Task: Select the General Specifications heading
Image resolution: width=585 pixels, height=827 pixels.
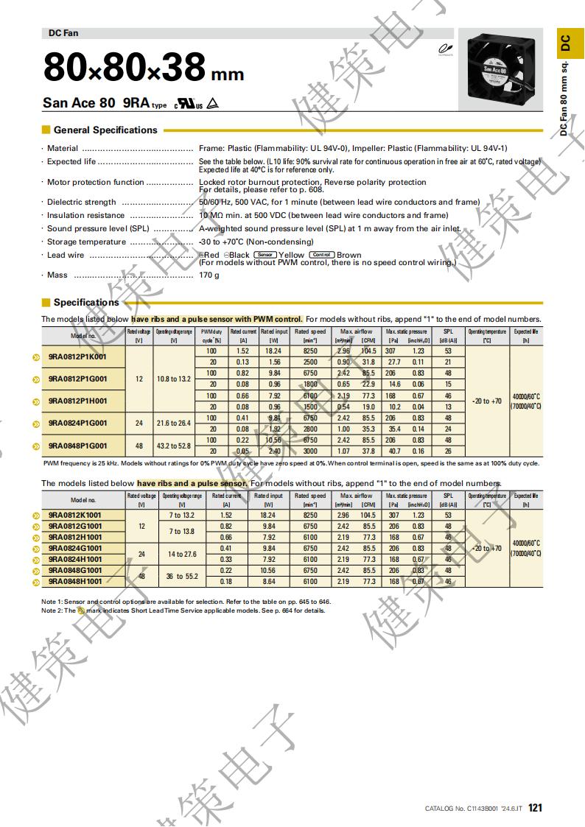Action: (x=105, y=130)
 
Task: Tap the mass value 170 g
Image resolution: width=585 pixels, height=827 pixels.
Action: (x=209, y=275)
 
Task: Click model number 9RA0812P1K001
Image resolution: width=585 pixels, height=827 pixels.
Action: (x=77, y=356)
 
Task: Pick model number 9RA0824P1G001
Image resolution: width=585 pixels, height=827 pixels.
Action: (x=77, y=423)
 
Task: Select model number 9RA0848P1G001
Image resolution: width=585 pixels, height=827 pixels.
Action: (x=77, y=446)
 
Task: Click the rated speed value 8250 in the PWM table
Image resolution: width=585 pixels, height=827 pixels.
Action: (x=310, y=351)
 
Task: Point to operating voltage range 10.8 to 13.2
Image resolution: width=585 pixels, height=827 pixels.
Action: (x=174, y=379)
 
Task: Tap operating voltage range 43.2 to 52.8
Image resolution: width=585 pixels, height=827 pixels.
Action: (x=174, y=446)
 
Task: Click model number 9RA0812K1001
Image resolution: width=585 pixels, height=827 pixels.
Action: (x=75, y=515)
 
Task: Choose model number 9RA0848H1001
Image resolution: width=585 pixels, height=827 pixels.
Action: (x=75, y=582)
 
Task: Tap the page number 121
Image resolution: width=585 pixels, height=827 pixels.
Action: (x=535, y=808)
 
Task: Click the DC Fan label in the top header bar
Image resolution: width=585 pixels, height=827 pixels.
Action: (x=63, y=33)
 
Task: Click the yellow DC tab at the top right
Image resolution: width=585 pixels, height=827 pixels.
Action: (x=565, y=43)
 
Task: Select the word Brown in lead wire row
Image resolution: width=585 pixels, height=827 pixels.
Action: (x=349, y=256)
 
